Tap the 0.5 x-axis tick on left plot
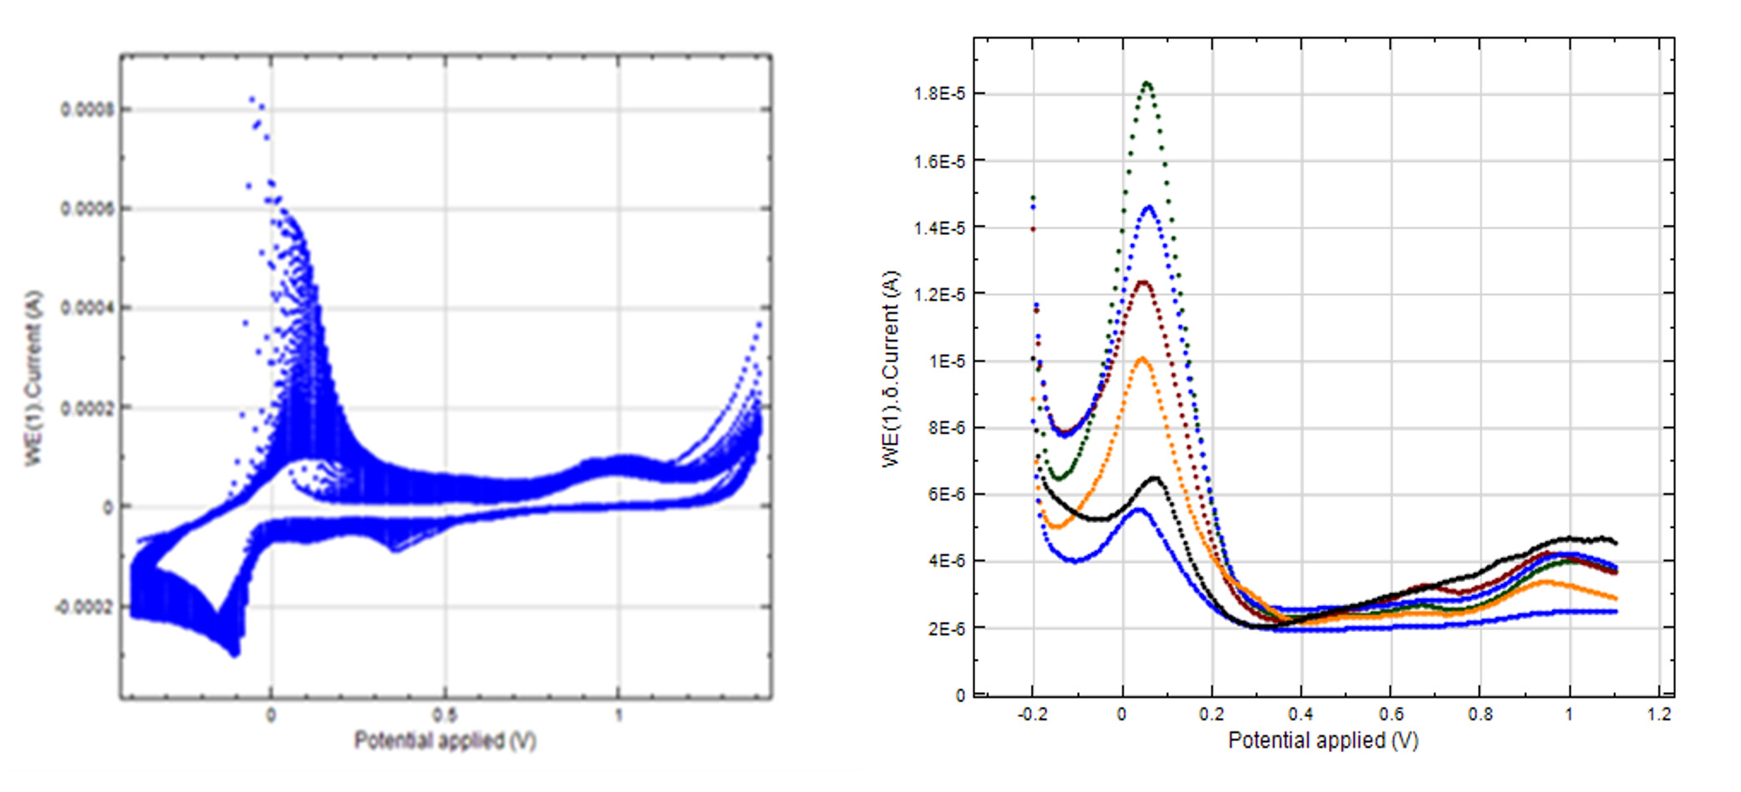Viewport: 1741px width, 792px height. [x=445, y=715]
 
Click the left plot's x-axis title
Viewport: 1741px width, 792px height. [x=445, y=740]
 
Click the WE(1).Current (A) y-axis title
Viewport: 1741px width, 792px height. [x=33, y=379]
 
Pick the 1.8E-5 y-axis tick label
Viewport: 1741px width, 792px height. [x=939, y=94]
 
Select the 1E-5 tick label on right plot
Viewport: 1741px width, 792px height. [x=946, y=361]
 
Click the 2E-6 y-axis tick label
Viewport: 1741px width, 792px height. [x=946, y=629]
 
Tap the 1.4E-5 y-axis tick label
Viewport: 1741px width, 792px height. [x=939, y=228]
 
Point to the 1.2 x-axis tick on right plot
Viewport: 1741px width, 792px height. [x=1659, y=715]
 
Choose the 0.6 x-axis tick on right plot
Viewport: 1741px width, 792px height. [x=1390, y=715]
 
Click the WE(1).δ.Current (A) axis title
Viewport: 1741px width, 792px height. [x=890, y=369]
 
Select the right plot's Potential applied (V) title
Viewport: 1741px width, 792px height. [x=1323, y=740]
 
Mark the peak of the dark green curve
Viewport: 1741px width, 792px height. [x=1147, y=82]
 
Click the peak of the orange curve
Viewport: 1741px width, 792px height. [x=1142, y=358]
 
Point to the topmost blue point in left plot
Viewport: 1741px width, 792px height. [x=252, y=99]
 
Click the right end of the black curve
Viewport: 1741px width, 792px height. [x=1615, y=543]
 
